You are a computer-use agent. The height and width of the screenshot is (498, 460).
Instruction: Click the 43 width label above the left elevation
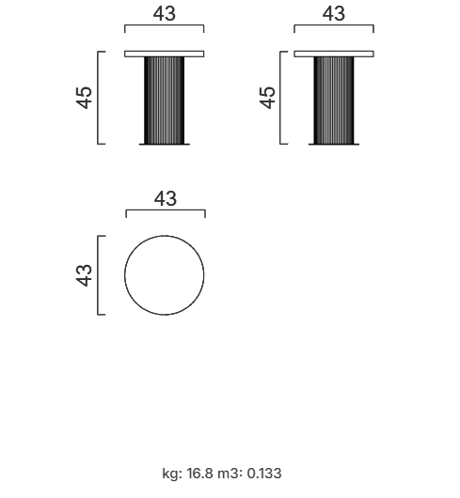164,14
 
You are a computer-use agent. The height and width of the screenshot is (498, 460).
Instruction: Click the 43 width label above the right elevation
333,14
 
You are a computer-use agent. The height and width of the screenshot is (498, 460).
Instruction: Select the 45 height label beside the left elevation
84,98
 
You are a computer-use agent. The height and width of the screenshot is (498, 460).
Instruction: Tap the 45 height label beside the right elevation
267,98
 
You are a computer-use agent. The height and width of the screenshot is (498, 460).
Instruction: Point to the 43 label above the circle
166,199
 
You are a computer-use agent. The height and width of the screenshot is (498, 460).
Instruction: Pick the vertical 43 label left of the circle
84,275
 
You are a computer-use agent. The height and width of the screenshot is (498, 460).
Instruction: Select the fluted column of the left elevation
164,101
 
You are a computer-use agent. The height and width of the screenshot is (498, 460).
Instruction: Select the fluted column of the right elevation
334,101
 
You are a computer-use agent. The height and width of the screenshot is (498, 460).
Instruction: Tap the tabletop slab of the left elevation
165,54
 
